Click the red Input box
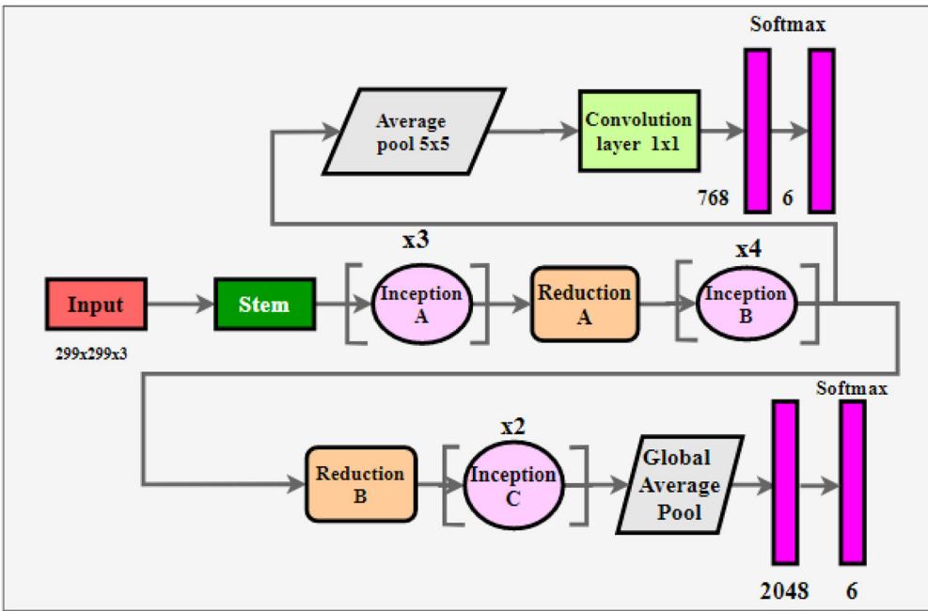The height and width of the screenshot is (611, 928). [x=96, y=304]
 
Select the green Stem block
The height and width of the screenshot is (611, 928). [x=264, y=304]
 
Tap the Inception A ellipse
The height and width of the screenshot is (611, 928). [x=420, y=304]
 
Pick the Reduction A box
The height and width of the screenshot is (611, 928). [x=584, y=304]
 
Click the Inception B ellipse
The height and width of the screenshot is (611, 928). [x=745, y=304]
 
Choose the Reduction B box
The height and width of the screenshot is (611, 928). [x=360, y=484]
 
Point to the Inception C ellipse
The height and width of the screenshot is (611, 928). [x=512, y=485]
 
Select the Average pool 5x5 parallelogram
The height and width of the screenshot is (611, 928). [x=409, y=133]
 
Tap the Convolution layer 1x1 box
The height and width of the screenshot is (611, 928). [x=638, y=131]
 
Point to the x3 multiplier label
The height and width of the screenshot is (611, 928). [x=416, y=241]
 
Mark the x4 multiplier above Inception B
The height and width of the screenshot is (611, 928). [x=748, y=252]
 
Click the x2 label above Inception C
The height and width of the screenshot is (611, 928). [x=512, y=426]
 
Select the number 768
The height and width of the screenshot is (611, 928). [x=714, y=198]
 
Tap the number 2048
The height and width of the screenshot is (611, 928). [x=784, y=590]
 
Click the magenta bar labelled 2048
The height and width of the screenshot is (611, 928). [x=784, y=484]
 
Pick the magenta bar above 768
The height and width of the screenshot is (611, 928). [x=757, y=131]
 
